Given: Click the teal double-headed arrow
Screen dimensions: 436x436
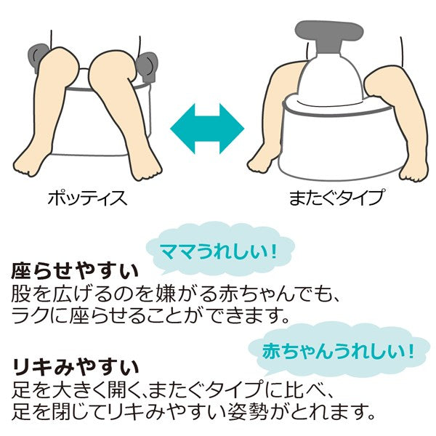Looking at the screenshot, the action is pos(207,129).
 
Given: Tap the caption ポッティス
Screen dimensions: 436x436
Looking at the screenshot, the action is pos(88,198).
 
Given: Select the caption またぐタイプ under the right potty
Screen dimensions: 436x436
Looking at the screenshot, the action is pos(336,198).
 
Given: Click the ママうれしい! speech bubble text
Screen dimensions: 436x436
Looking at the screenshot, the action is pos(219,251).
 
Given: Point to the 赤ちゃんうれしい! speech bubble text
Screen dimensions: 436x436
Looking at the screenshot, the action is pos(338,351).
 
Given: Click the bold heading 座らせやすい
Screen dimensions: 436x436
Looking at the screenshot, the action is pos(75,271).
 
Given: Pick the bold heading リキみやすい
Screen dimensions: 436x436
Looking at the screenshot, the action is pos(76,367).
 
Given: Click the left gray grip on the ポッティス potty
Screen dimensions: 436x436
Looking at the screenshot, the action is pos(39,58).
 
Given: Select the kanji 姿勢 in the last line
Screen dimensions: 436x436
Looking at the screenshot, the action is pos(248,411).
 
